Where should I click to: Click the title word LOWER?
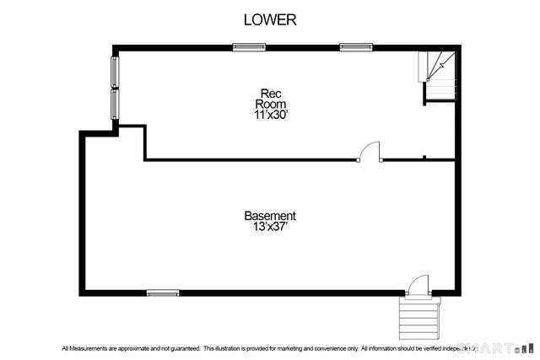pos(270,19)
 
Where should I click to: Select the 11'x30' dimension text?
pos(271,115)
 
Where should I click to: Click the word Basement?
pos(270,216)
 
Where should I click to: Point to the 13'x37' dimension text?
pos(270,228)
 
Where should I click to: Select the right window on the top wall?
pos(356,46)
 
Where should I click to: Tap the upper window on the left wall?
pos(115,72)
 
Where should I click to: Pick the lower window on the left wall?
pos(115,103)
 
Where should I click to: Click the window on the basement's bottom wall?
pos(163,293)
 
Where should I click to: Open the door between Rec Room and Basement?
pos(370,152)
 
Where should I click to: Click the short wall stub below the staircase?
pos(424,156)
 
